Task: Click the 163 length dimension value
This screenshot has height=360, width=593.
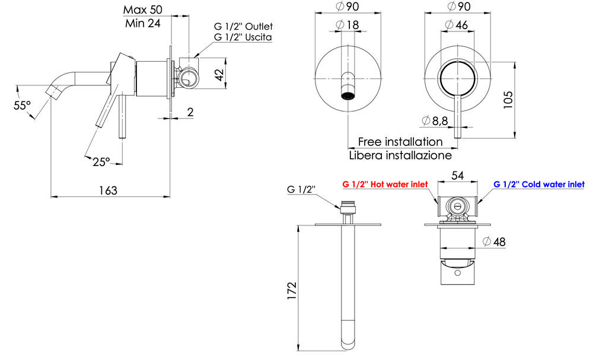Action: (108, 190)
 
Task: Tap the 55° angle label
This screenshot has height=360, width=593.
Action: (23, 106)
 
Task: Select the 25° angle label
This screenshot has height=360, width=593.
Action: (101, 162)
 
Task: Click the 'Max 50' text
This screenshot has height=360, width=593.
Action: (142, 9)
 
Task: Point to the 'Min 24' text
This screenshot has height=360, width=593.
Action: (143, 24)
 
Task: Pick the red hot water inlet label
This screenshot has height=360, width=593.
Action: (385, 184)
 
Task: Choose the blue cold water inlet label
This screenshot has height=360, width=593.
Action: (539, 184)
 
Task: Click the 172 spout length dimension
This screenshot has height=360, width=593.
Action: (292, 291)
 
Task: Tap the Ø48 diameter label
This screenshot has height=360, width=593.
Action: (494, 241)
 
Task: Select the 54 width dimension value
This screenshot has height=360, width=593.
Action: (458, 175)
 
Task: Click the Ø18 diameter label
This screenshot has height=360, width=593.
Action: (347, 25)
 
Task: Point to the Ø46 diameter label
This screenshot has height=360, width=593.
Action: (457, 25)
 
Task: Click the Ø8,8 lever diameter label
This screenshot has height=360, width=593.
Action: (435, 120)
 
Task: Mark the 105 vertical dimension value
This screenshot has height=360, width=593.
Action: (508, 100)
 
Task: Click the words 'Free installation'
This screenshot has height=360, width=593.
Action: (400, 142)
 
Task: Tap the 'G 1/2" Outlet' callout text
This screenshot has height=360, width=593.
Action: (243, 27)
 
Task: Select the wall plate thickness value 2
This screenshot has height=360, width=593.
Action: (190, 112)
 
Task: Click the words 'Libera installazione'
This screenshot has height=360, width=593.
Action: (400, 155)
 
